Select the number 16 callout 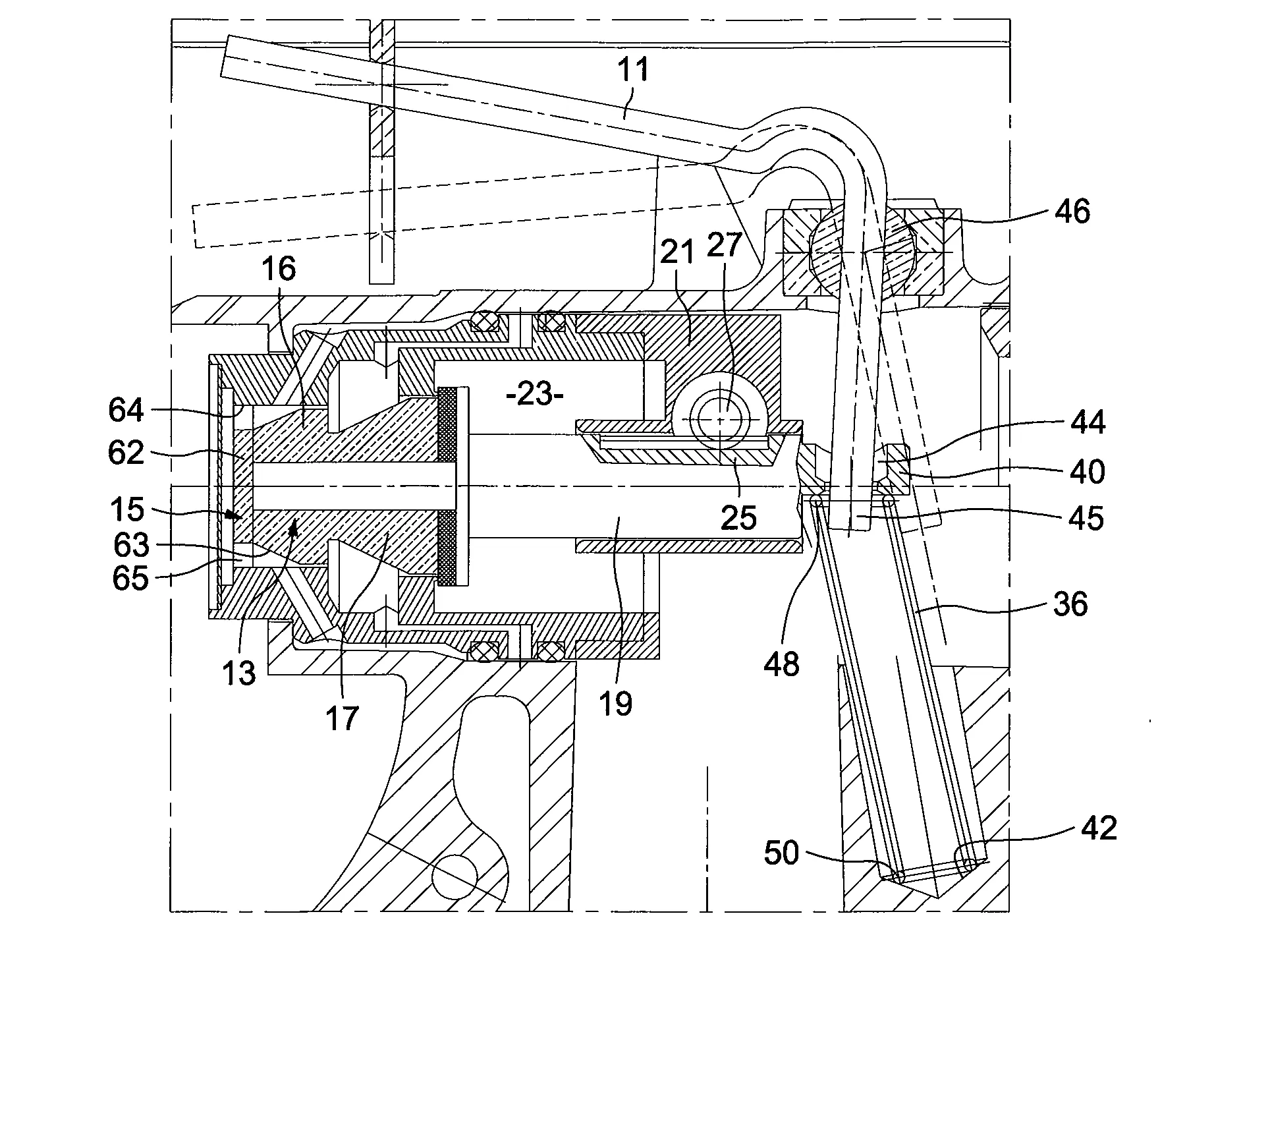279,269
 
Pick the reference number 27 724,246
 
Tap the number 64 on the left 126,410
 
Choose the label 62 126,452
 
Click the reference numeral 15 127,509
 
